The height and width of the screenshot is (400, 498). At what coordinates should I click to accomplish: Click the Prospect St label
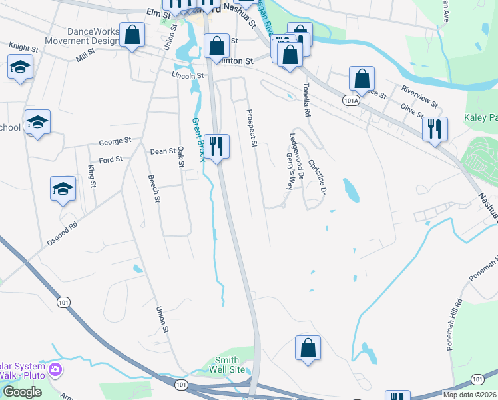[x=252, y=128]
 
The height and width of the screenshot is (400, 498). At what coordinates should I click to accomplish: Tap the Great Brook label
[x=199, y=140]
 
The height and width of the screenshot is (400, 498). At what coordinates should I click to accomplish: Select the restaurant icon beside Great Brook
[x=216, y=146]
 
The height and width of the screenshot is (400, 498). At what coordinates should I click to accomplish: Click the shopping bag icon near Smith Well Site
[x=308, y=348]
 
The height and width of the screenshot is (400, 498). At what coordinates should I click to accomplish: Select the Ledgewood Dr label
[x=296, y=157]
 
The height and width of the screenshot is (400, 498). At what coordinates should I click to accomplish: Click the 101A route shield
[x=352, y=99]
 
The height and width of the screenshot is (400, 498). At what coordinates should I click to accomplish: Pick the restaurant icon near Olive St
[x=435, y=129]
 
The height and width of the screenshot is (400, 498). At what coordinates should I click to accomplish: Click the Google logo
[x=22, y=392]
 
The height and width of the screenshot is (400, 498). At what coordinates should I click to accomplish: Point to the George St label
[x=115, y=141]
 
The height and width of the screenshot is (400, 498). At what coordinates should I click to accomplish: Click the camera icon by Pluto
[x=55, y=369]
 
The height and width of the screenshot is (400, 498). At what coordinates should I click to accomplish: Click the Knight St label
[x=23, y=47]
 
